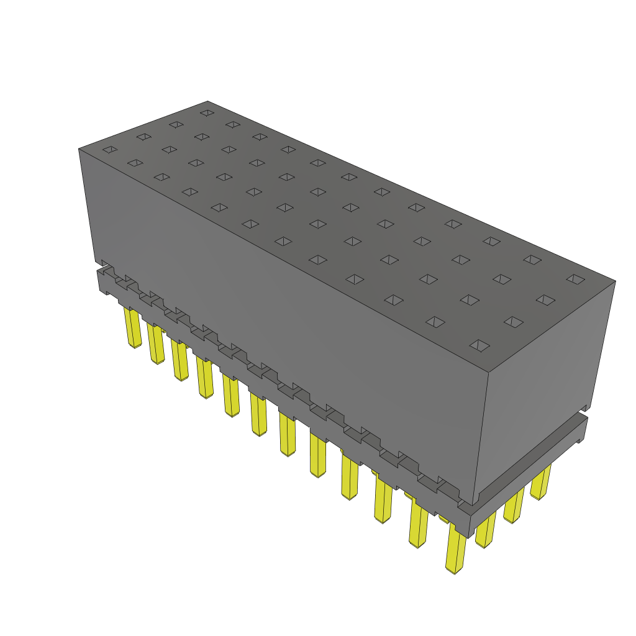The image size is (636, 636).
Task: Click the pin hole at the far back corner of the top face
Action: click(x=207, y=113)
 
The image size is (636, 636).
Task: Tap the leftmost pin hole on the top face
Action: click(x=110, y=150)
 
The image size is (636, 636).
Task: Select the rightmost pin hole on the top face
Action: click(x=576, y=279)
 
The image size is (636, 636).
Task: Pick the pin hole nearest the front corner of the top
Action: click(x=479, y=345)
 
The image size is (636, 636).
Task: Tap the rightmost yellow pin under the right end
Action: click(x=540, y=482)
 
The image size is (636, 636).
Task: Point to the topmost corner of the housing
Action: click(x=207, y=101)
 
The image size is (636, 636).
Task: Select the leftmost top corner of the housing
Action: click(x=79, y=149)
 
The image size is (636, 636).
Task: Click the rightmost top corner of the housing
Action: click(x=616, y=281)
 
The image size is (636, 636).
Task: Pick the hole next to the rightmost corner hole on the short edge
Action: click(x=545, y=301)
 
